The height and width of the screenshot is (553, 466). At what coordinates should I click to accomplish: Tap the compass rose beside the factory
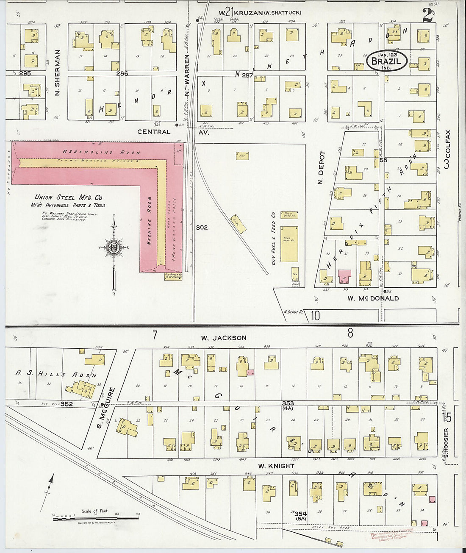tap(114, 248)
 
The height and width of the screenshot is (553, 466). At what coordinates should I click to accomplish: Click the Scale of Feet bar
tap(96, 517)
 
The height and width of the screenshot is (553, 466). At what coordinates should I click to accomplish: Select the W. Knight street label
tap(276, 466)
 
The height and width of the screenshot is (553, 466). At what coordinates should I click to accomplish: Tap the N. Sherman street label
tap(58, 73)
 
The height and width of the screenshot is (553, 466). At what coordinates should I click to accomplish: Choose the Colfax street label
tap(448, 149)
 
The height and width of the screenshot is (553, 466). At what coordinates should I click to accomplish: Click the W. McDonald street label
tap(373, 298)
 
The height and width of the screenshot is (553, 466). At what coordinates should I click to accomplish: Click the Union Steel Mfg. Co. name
tap(69, 197)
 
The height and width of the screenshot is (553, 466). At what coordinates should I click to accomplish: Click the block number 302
tap(202, 227)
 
